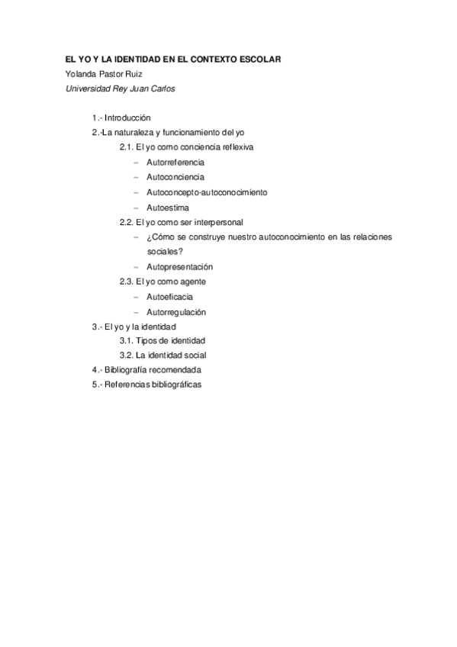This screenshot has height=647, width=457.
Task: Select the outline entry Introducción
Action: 127,117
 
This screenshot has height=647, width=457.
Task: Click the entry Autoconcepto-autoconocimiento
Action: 207,192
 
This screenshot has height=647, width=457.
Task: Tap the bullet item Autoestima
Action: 168,208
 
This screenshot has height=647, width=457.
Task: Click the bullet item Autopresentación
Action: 179,267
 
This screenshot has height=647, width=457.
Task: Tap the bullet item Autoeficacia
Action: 169,297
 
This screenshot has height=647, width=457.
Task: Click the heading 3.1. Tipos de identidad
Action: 163,340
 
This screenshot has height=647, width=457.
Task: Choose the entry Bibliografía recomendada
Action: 153,370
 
